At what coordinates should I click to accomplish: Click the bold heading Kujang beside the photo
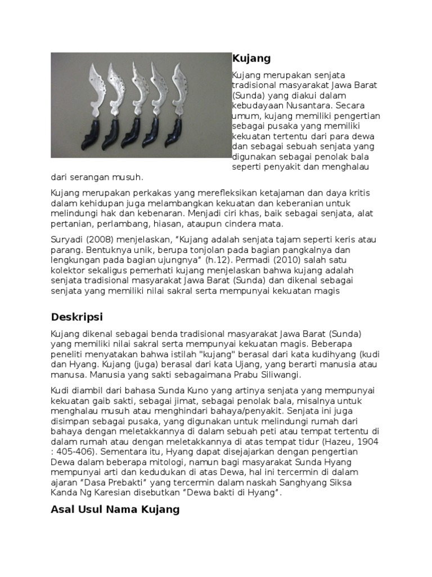tap(251, 58)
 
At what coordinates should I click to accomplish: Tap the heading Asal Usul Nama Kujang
tap(115, 509)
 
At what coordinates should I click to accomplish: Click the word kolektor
tap(66, 270)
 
